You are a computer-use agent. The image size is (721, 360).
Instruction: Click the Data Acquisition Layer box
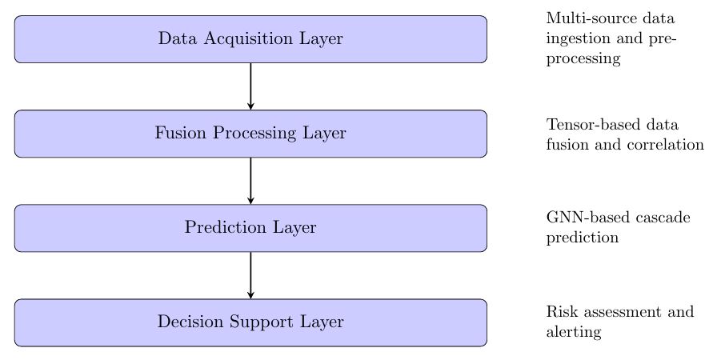(250, 38)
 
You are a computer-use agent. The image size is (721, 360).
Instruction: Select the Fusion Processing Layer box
(250, 134)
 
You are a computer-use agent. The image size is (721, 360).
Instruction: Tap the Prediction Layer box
(250, 228)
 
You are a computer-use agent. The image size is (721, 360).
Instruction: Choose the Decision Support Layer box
(250, 322)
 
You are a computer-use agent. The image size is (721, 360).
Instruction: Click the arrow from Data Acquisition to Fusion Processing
(250, 86)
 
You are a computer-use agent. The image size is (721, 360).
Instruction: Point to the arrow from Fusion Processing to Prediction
(250, 180)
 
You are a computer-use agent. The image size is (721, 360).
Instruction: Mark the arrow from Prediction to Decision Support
(250, 274)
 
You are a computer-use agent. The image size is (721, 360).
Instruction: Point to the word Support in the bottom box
(271, 322)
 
